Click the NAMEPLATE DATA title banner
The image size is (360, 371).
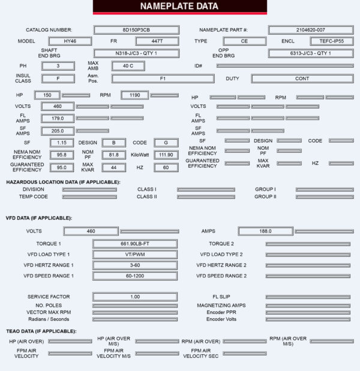point(179,7)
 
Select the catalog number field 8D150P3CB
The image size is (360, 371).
point(136,29)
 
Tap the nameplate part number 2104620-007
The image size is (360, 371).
point(310,29)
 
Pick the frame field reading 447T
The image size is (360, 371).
point(157,41)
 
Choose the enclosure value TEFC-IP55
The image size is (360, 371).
point(329,41)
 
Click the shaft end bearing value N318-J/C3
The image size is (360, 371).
point(136,53)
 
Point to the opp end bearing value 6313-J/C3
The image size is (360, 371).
point(310,53)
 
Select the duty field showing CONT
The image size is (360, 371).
point(302,79)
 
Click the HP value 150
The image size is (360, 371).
point(47,95)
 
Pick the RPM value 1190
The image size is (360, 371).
point(134,95)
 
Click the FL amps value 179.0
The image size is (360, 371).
point(58,118)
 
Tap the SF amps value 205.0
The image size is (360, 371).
point(58,131)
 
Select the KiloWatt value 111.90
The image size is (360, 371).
point(166,155)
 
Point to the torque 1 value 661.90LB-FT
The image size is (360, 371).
point(135,244)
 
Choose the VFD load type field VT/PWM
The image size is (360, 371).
point(135,254)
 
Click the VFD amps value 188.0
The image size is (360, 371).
point(265,231)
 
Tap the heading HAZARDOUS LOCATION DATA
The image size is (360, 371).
point(63,182)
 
